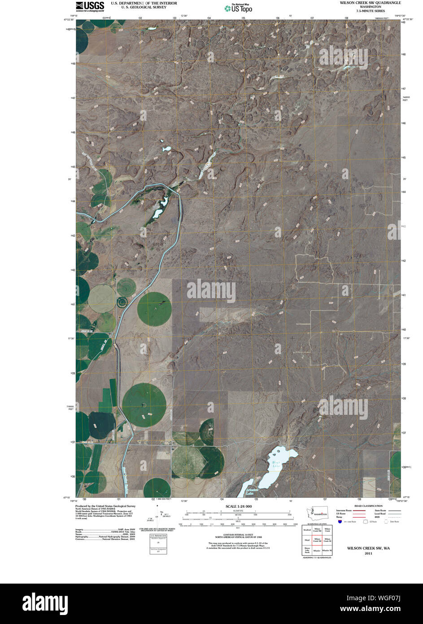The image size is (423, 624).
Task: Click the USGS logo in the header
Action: pos(90,6)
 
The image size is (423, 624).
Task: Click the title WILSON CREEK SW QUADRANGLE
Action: pos(370,3)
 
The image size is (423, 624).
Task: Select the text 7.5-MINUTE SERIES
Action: pos(371,11)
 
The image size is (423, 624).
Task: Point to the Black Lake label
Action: pos(276,464)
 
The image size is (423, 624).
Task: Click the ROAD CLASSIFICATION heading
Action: pos(368,506)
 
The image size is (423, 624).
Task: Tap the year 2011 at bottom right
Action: pos(368,554)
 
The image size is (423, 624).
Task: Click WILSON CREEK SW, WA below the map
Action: pos(368,548)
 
